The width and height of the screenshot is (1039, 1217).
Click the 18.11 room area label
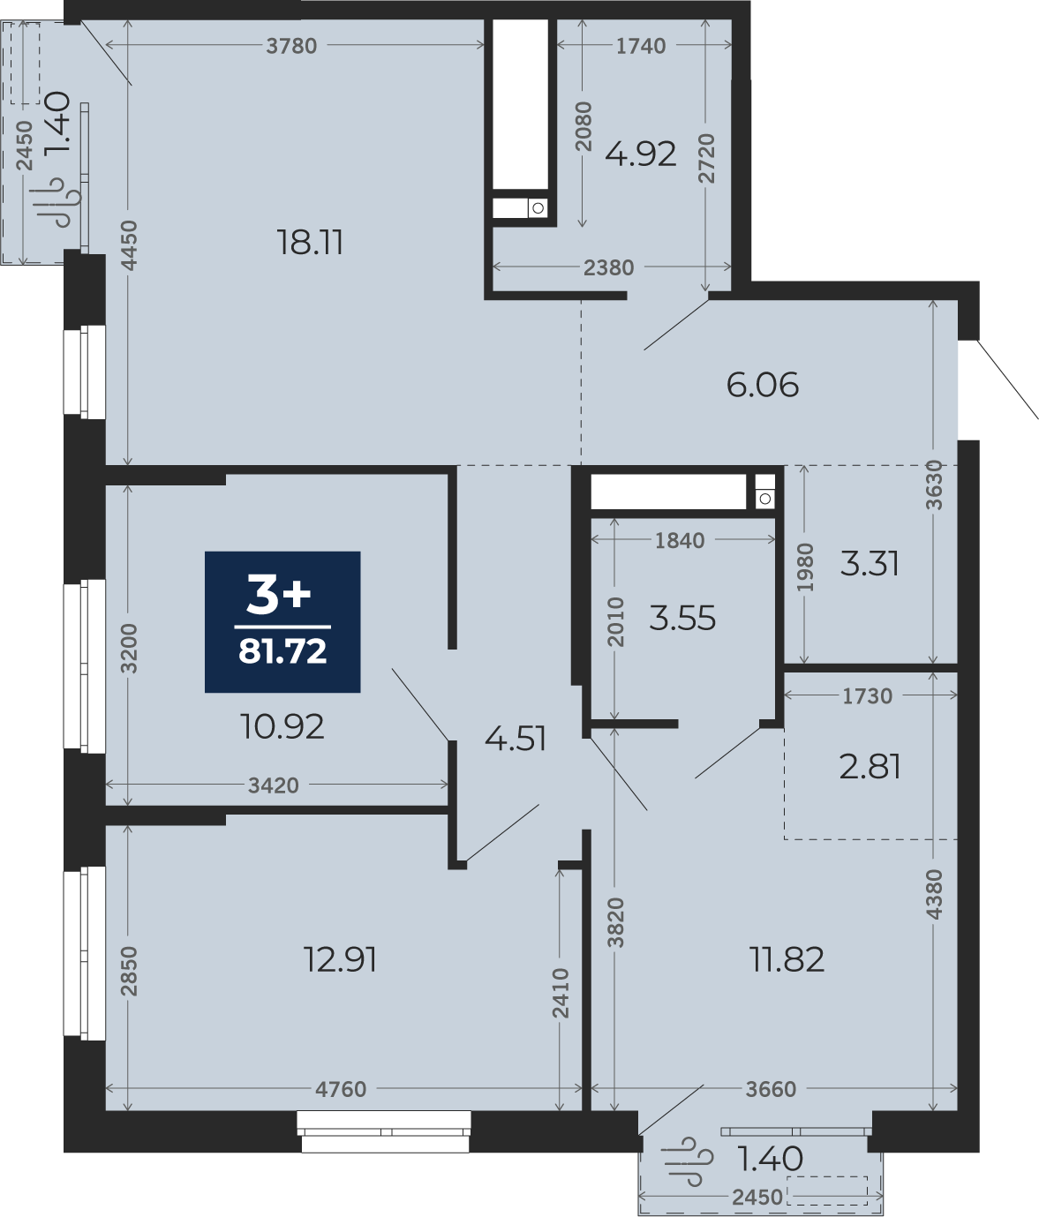click(310, 243)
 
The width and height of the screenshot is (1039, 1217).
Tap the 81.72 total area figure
click(282, 651)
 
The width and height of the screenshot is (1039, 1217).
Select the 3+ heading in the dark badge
click(279, 596)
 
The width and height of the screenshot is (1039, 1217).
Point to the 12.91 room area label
click(340, 958)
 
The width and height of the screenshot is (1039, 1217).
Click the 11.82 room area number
click(787, 958)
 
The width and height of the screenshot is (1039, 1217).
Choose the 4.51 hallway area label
click(516, 739)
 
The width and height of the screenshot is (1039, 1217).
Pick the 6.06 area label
click(763, 385)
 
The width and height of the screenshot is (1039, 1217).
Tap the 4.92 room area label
click(641, 154)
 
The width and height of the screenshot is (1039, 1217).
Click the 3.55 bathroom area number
click(682, 619)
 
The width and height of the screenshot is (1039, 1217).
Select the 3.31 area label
click(870, 563)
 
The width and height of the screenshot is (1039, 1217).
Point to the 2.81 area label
click(870, 767)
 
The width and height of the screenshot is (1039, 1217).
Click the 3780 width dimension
click(291, 46)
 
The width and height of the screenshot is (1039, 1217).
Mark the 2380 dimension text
click(609, 268)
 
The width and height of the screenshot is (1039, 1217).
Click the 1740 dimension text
click(641, 46)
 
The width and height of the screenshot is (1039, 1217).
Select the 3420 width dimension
click(274, 785)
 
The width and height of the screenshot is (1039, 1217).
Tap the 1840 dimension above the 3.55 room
click(680, 540)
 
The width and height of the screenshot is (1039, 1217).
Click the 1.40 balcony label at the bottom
click(771, 1159)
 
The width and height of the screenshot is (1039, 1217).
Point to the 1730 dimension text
click(868, 696)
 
